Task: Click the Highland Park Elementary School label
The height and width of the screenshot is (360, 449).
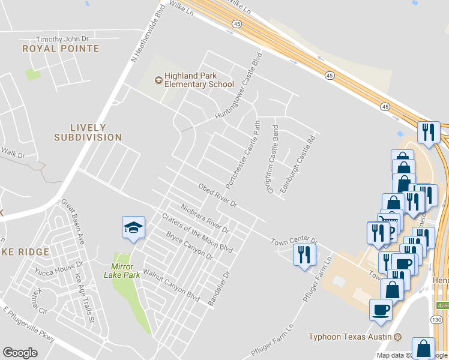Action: (x=195, y=80)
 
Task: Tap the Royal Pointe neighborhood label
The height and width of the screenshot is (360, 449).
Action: (x=61, y=48)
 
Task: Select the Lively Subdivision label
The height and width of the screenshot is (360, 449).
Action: (x=88, y=133)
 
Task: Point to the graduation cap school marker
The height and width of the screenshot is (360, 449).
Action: (x=133, y=227)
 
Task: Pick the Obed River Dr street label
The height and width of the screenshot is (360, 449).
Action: (x=218, y=196)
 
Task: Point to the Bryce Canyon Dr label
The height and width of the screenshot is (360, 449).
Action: (x=190, y=245)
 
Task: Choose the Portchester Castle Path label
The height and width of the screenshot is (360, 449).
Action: (x=244, y=153)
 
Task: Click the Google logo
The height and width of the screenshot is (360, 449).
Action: (x=20, y=353)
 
